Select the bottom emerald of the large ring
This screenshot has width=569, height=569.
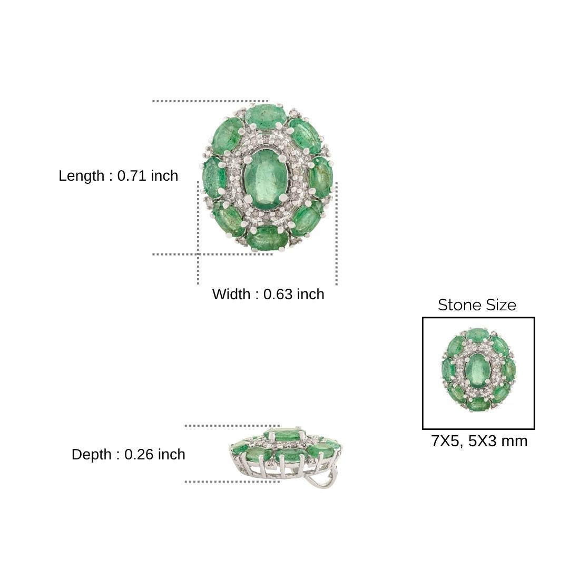tap(267, 238)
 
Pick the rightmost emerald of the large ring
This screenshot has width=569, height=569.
tap(321, 178)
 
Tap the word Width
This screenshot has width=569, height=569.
tap(231, 294)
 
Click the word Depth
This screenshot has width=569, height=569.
tap(91, 454)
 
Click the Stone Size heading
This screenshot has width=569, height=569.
tap(477, 305)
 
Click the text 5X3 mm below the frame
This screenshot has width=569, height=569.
tap(497, 441)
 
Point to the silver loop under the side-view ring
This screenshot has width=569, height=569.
tap(321, 479)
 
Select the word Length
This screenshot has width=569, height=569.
tap(81, 176)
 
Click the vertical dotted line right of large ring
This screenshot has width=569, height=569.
tap(336, 232)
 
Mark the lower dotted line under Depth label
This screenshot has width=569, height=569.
tap(232, 482)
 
